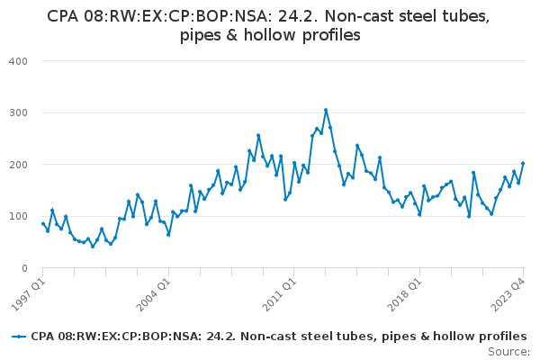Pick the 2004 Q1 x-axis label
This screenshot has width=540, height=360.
[151, 292]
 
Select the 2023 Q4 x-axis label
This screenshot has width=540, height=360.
[507, 292]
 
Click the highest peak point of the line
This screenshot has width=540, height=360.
[326, 111]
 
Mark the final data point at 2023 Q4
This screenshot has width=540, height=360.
[523, 164]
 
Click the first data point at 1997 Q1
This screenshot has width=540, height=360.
[42, 224]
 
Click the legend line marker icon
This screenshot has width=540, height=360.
[19, 337]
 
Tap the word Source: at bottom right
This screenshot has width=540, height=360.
[508, 351]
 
